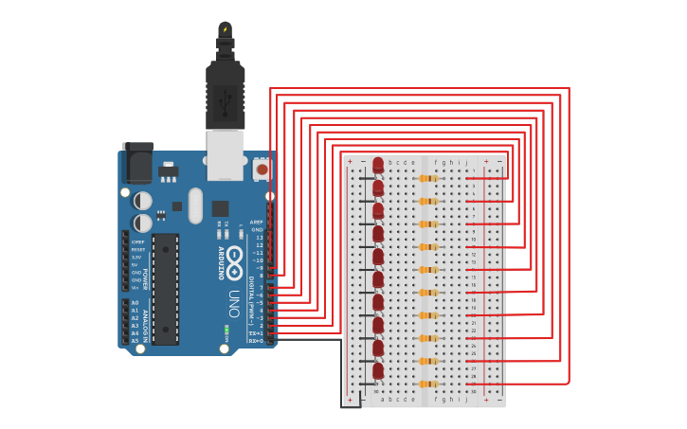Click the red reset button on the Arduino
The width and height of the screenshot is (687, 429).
click(x=262, y=170)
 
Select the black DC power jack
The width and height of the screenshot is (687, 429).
click(x=138, y=162)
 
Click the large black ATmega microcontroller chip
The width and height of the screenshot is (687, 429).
click(x=165, y=288)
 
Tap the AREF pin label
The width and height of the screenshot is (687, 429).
click(x=257, y=222)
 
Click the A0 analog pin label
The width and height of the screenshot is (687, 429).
click(x=135, y=303)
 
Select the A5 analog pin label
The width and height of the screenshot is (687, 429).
click(x=135, y=341)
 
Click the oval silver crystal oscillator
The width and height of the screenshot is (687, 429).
click(x=195, y=205)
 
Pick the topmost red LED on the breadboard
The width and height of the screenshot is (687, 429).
click(x=378, y=166)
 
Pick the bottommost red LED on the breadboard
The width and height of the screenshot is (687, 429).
click(x=378, y=370)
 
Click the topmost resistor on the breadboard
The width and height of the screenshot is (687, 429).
click(x=428, y=178)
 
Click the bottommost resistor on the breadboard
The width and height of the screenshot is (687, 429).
click(x=428, y=384)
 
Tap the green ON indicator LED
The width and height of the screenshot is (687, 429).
click(x=227, y=331)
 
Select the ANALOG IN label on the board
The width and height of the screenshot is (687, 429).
click(x=145, y=322)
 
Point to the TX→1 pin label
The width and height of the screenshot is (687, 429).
click(x=256, y=333)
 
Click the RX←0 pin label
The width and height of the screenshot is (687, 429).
click(x=256, y=341)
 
